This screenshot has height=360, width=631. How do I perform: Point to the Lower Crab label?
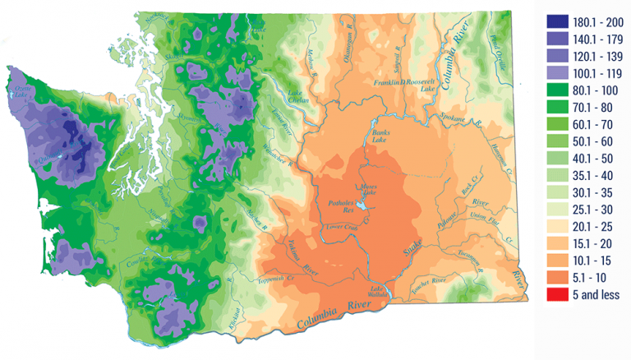[x=344, y=226]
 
